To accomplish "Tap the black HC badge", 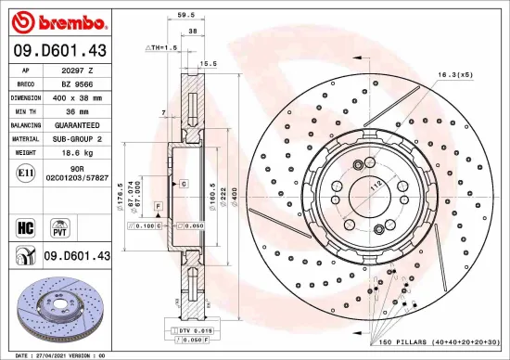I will click(x=26, y=225).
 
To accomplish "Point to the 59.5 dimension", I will click(x=185, y=15).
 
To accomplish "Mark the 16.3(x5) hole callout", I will click(x=454, y=74).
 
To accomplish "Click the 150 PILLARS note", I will click(x=439, y=341).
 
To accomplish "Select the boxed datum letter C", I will click(x=183, y=185).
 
